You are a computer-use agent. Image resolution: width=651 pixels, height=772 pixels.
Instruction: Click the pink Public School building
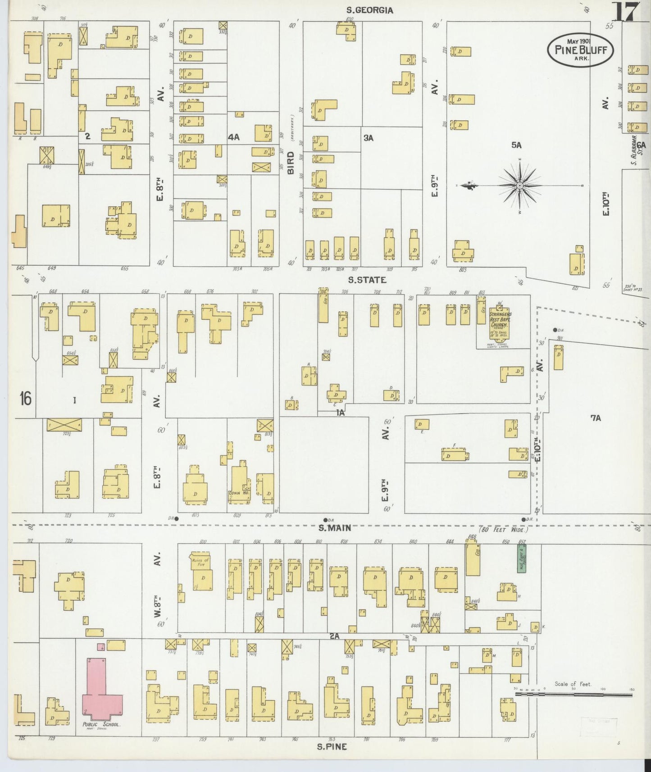coord(102,696)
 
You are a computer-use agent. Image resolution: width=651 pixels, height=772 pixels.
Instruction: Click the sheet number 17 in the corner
coord(626,12)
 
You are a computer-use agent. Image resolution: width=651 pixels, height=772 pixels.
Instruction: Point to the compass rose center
coord(520,186)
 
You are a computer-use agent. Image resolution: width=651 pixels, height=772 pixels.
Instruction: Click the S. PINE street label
coord(332,746)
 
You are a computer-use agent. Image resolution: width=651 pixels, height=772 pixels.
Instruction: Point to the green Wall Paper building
coord(522,559)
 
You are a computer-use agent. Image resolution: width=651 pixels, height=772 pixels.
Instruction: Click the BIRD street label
coord(291,163)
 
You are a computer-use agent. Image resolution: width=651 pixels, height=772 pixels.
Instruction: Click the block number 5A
coord(516,145)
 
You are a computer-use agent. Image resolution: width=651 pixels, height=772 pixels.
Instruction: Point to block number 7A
coord(596,418)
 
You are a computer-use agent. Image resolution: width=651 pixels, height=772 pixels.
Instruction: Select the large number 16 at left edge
coord(25,398)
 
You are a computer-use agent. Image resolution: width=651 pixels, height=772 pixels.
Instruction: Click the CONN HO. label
coord(236,493)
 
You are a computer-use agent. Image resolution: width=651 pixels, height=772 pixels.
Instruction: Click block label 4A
coord(233,137)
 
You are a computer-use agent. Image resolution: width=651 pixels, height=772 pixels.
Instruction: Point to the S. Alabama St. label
coord(634,150)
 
